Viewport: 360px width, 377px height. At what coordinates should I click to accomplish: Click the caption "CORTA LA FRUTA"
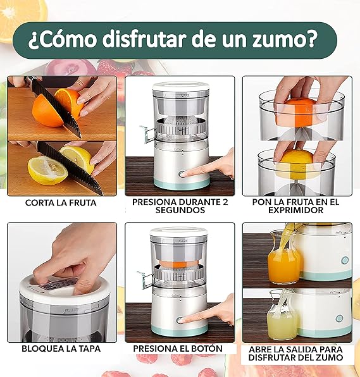point(61,203)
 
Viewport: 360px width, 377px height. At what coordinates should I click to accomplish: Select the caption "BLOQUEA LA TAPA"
point(61,349)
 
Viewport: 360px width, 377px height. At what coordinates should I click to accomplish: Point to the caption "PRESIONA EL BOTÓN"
point(178,349)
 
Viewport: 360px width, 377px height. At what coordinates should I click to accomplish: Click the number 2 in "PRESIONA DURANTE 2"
point(225,202)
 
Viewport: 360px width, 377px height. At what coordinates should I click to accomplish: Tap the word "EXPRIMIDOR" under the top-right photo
point(295,211)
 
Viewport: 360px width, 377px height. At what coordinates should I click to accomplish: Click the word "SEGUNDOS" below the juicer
point(180,210)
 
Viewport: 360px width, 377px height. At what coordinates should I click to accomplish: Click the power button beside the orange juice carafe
point(345,260)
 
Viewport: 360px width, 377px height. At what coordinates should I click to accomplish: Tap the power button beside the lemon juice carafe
point(339,319)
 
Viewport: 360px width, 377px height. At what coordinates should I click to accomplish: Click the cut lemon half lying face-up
point(47,170)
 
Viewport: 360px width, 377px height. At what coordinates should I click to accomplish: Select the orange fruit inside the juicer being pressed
point(178,264)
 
